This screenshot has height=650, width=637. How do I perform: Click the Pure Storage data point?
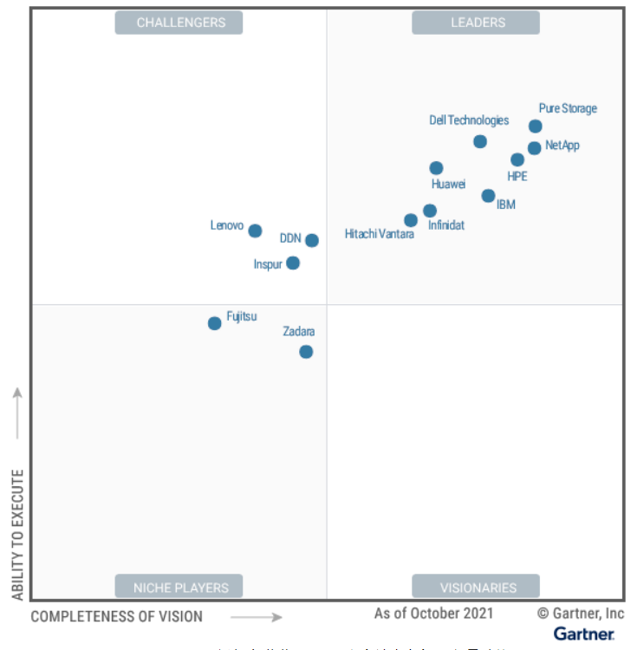536,127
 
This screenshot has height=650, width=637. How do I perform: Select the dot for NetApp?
535,148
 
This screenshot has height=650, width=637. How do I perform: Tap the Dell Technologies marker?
480,141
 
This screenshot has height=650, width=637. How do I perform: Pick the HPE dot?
517,159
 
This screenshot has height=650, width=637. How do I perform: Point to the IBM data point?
489,196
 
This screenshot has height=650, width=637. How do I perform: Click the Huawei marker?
437,168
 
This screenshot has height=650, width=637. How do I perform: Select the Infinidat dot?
430,211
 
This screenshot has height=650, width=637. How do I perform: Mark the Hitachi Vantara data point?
411,220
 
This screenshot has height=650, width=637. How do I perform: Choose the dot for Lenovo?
255,231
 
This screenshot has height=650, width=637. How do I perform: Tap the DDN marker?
312,240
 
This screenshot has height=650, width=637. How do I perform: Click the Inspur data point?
293,263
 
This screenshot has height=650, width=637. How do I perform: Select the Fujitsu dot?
215,323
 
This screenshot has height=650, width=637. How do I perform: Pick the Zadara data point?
306,352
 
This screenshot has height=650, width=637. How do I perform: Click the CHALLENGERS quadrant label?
179,23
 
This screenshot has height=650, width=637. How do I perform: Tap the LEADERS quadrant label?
476,23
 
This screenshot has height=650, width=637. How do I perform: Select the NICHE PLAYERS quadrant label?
179,587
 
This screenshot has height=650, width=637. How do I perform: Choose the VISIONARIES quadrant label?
476,587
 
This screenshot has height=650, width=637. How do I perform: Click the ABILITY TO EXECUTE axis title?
18,535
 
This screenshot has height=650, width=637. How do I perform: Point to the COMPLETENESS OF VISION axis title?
117,617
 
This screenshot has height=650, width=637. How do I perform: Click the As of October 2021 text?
433,614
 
